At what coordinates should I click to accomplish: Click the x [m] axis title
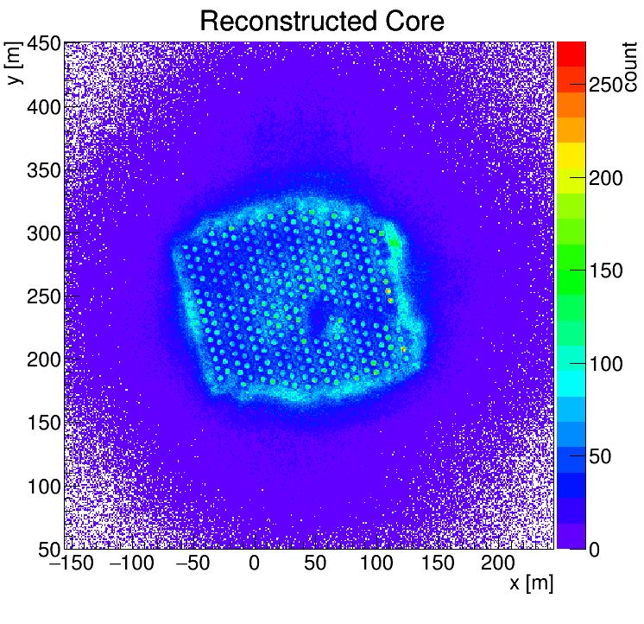[530, 583]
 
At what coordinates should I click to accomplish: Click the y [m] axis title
[14, 65]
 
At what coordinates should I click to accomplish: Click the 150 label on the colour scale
[607, 271]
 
